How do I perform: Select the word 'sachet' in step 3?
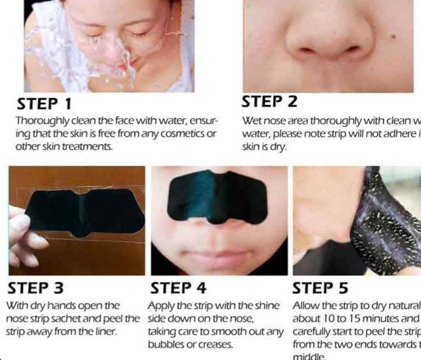[90, 318]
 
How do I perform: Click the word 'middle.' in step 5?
[309, 357]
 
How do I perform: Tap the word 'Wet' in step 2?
[251, 120]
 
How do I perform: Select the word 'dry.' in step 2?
[277, 147]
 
